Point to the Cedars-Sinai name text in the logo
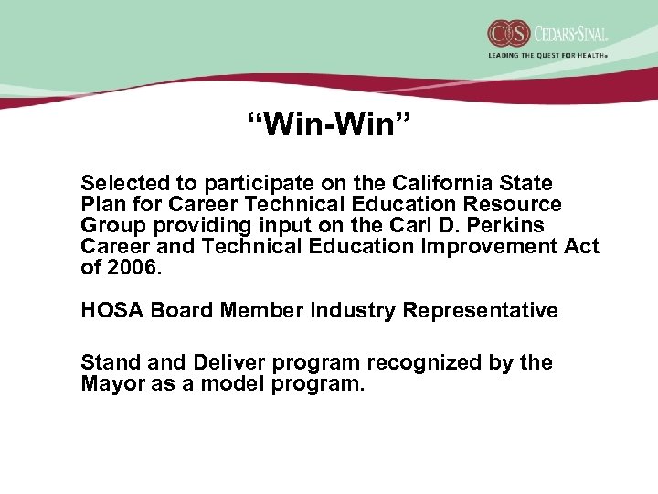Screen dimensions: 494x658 pyautogui.click(x=566, y=34)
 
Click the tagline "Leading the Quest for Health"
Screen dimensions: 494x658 pyautogui.click(x=547, y=55)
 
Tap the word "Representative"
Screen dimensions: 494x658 pyautogui.click(x=481, y=310)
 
